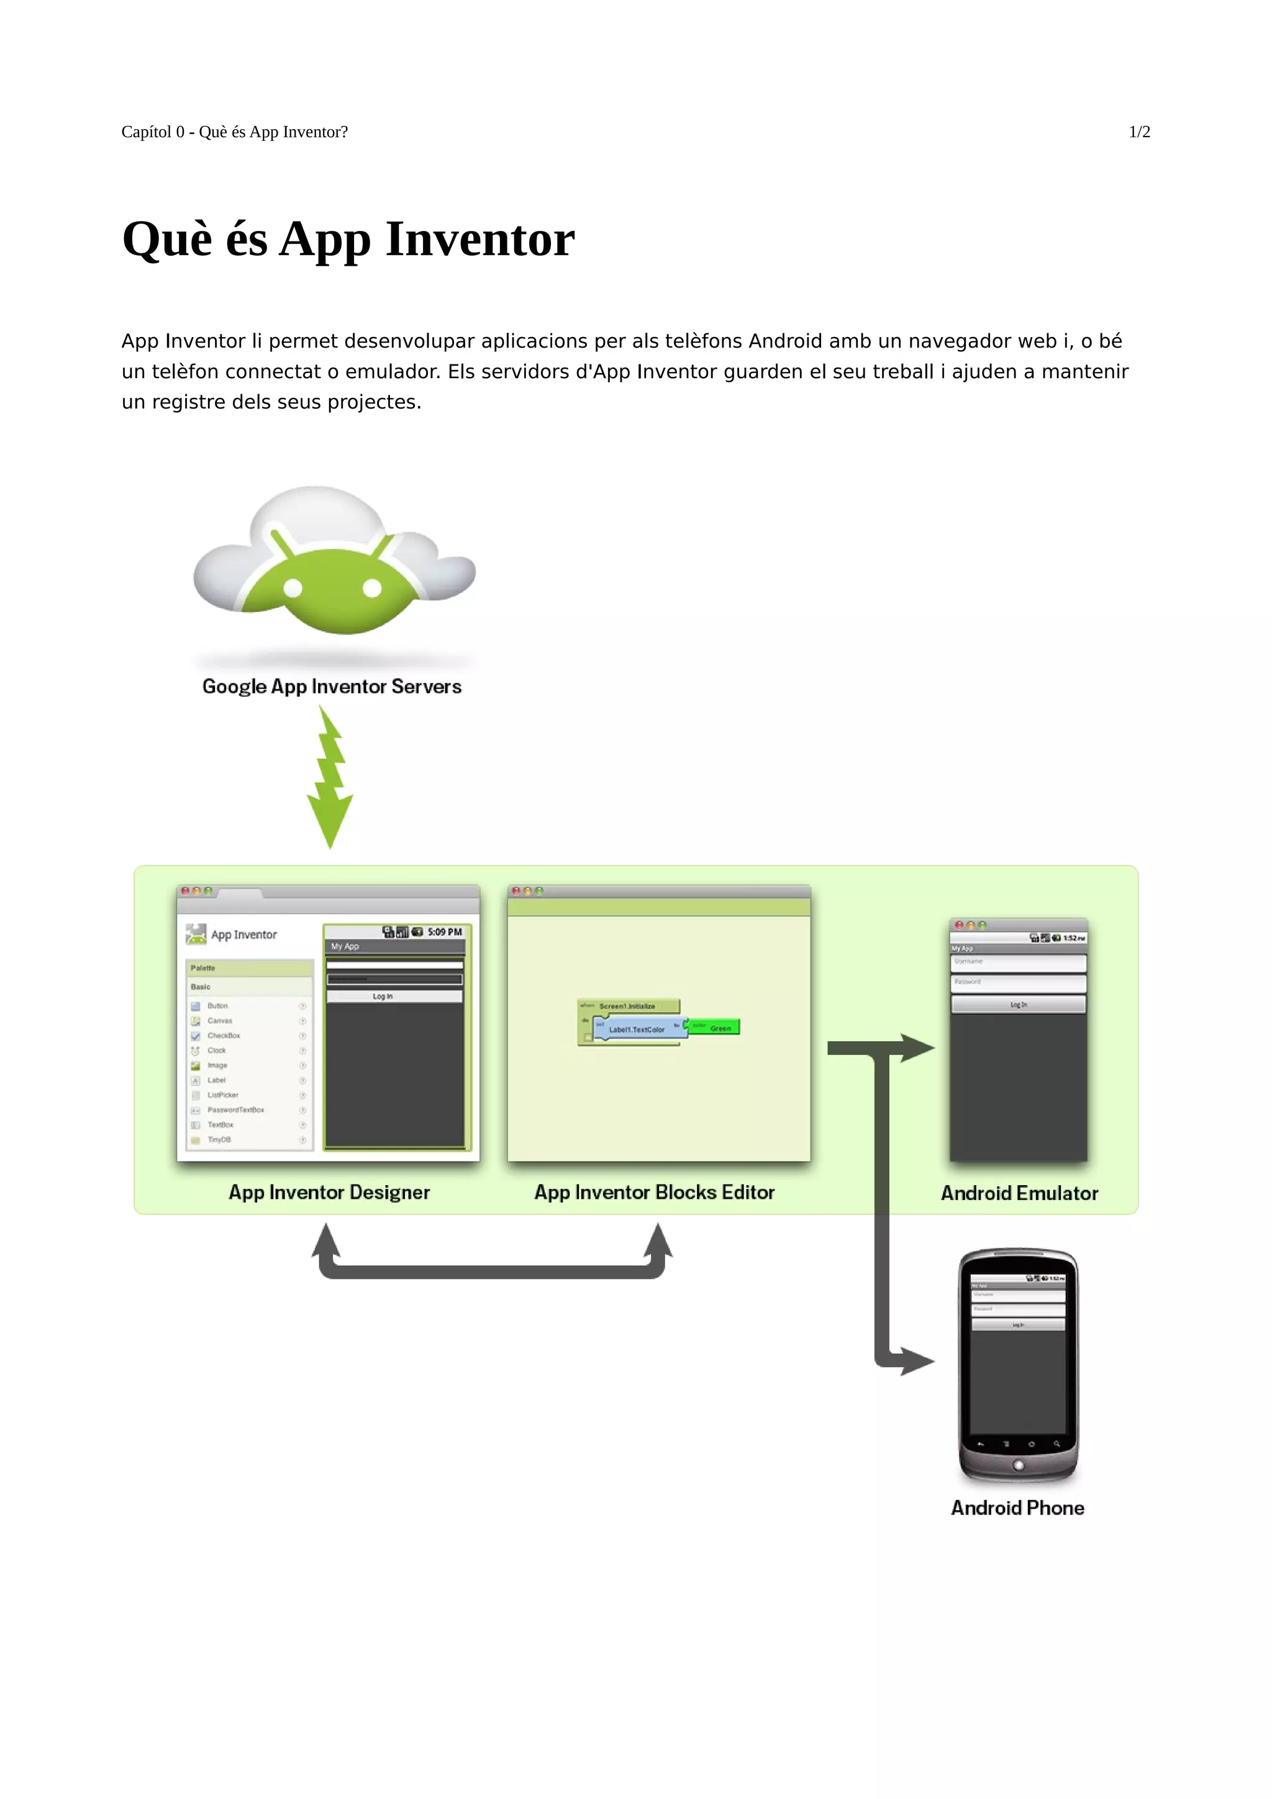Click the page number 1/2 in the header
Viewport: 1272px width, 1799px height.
(x=1138, y=132)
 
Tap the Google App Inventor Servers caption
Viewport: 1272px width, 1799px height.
(x=332, y=687)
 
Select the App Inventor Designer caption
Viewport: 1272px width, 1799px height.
(x=329, y=1192)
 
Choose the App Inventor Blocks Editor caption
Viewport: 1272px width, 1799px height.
(x=655, y=1192)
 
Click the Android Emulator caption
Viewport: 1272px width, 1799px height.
(x=1019, y=1193)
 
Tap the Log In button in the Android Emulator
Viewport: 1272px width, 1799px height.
(x=1018, y=1004)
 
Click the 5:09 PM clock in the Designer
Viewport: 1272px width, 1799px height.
(x=444, y=932)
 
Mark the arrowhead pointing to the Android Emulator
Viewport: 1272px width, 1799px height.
(x=918, y=1048)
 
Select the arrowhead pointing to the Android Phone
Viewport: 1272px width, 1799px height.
(x=918, y=1361)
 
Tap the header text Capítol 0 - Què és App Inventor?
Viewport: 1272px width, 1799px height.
(x=234, y=132)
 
